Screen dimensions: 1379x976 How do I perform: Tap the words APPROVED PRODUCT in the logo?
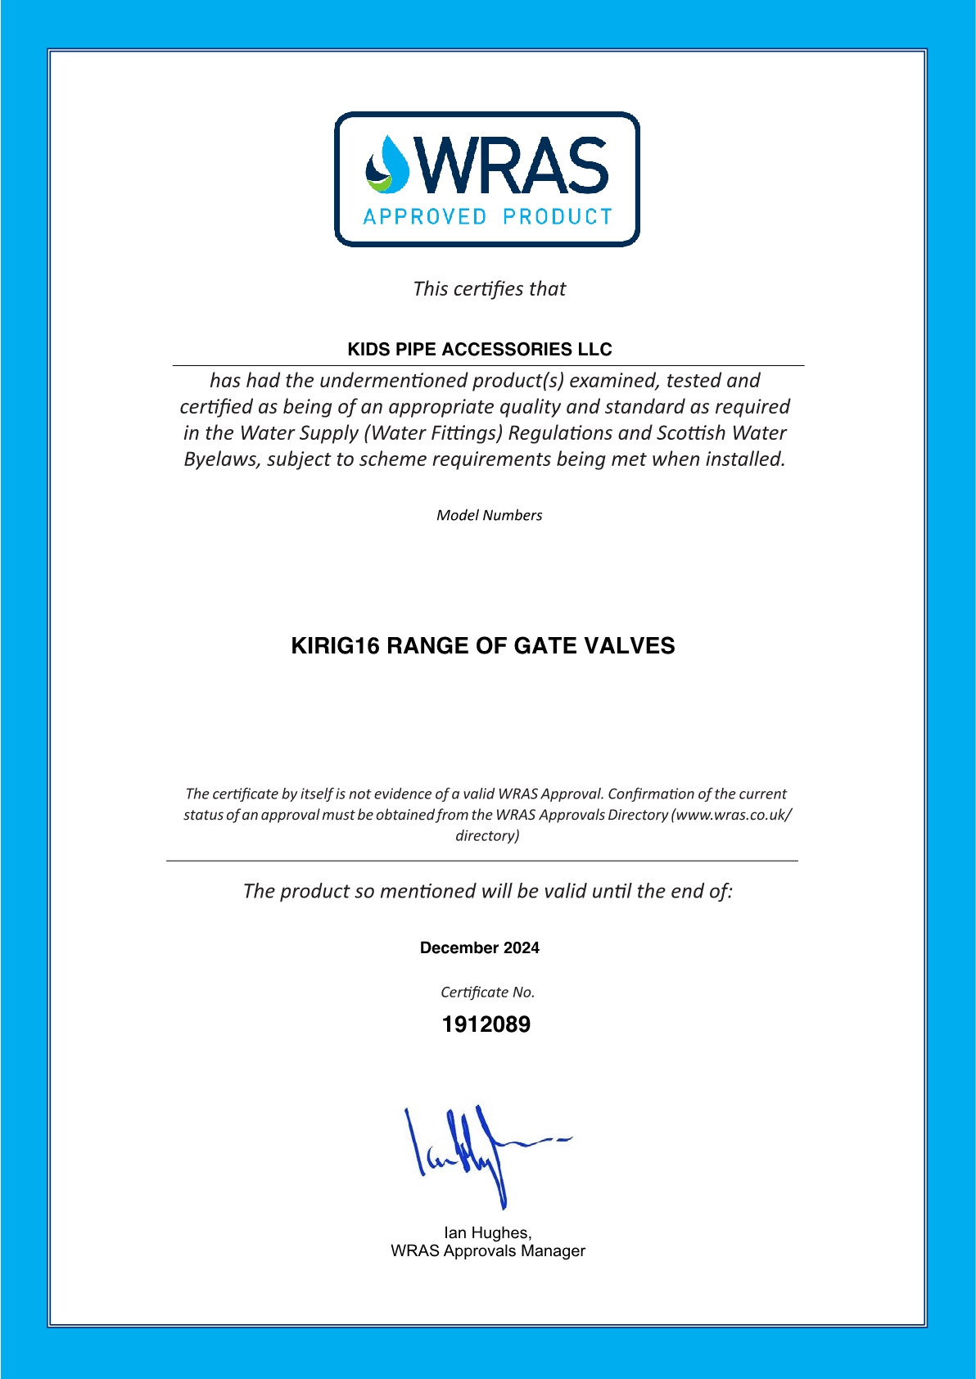click(x=487, y=217)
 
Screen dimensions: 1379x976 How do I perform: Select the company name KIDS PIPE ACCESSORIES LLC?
click(x=480, y=350)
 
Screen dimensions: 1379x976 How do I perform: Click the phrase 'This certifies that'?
click(x=489, y=289)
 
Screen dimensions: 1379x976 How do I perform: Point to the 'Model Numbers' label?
click(x=489, y=515)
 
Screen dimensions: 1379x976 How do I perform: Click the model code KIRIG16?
click(x=336, y=646)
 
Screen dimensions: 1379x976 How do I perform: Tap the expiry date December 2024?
click(x=480, y=948)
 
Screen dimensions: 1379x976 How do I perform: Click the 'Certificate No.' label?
click(x=487, y=992)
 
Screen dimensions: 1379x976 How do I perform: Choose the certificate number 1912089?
click(x=486, y=1024)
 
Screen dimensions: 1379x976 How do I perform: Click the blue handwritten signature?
click(x=475, y=1151)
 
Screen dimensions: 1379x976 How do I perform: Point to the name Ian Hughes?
click(x=487, y=1232)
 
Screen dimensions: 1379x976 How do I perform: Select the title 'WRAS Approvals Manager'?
click(x=488, y=1251)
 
